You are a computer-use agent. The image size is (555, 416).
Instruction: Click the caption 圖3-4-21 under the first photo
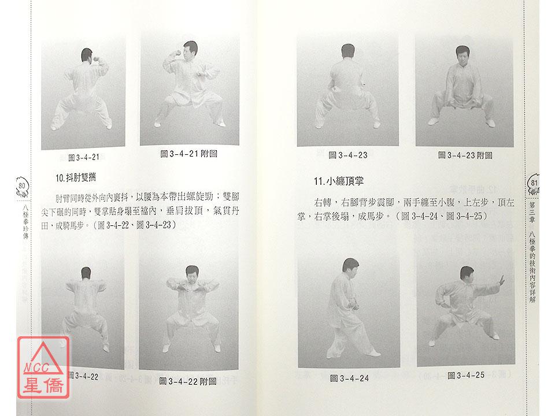tap(83, 157)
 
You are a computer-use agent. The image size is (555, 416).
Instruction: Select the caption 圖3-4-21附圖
tap(188, 154)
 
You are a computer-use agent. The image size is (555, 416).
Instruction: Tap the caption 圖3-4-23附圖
tap(465, 155)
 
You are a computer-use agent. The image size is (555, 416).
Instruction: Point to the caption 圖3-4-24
tap(349, 378)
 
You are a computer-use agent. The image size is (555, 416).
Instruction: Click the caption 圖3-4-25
tap(466, 376)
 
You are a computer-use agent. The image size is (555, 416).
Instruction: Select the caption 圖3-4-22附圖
tap(188, 381)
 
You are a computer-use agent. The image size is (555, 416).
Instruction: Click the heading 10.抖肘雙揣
tap(75, 177)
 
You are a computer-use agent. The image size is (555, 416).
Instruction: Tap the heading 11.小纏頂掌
tap(338, 181)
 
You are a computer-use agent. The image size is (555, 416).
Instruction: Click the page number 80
tap(21, 185)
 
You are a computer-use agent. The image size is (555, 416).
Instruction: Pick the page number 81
tap(534, 183)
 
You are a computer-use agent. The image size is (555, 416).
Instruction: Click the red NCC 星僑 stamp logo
tap(43, 367)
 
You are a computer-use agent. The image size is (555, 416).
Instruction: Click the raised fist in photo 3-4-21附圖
tap(176, 53)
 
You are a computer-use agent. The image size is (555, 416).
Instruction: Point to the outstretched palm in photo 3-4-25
tap(502, 281)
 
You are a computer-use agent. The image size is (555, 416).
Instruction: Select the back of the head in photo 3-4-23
tap(348, 51)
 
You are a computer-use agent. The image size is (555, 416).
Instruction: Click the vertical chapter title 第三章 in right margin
tap(532, 212)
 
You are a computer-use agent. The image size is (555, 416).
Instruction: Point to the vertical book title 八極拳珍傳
tap(25, 221)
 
